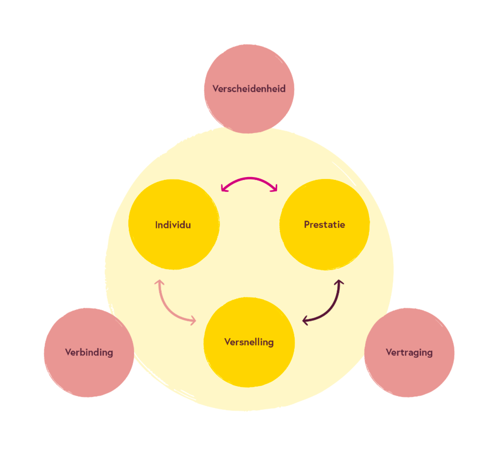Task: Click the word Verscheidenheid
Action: pos(249,89)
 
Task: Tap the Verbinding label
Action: pos(89,352)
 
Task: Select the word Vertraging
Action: pos(409,352)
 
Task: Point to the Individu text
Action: pos(173,225)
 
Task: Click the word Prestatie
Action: pos(324,224)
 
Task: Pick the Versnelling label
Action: pos(249,342)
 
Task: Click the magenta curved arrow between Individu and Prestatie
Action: pos(249,179)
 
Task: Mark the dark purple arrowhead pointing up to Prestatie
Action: pos(339,282)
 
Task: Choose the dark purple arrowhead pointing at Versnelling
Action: pos(305,321)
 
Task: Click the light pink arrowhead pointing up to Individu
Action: pos(159,282)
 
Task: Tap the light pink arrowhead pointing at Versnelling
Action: pos(193,320)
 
